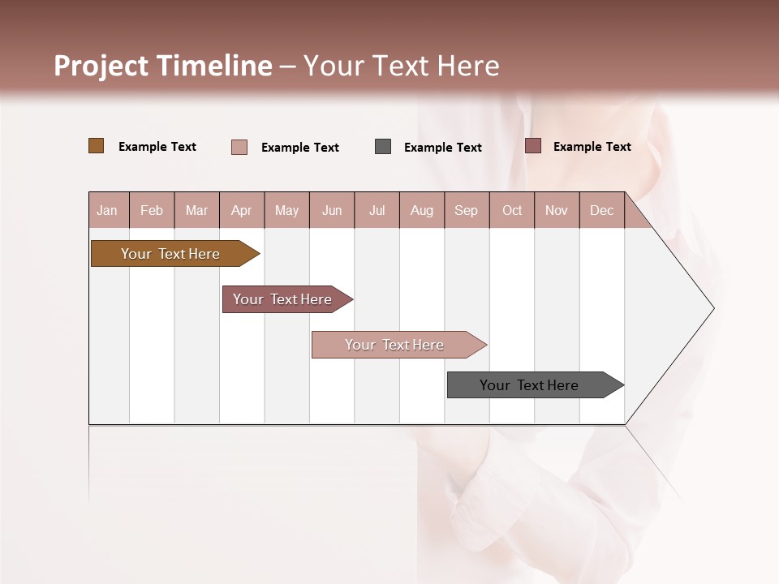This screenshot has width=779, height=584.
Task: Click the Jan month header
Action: (x=107, y=211)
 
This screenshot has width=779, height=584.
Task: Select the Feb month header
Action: (x=152, y=211)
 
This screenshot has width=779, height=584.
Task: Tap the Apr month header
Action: (x=242, y=211)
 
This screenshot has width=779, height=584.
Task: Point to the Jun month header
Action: (x=332, y=211)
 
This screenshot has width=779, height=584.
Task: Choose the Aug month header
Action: (x=422, y=211)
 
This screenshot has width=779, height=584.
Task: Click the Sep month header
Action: (x=467, y=211)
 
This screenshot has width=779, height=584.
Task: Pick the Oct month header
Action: (x=512, y=211)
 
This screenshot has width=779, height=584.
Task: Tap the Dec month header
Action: (x=602, y=211)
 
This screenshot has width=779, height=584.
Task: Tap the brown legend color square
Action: (x=97, y=146)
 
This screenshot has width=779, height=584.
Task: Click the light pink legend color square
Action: (x=239, y=147)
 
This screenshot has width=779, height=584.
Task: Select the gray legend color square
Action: (x=383, y=147)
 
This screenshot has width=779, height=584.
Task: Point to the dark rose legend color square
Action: (x=533, y=146)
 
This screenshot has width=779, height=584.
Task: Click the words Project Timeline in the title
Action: (x=163, y=66)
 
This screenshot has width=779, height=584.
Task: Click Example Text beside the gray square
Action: (x=443, y=148)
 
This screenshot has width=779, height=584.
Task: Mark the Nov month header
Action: (x=557, y=211)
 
